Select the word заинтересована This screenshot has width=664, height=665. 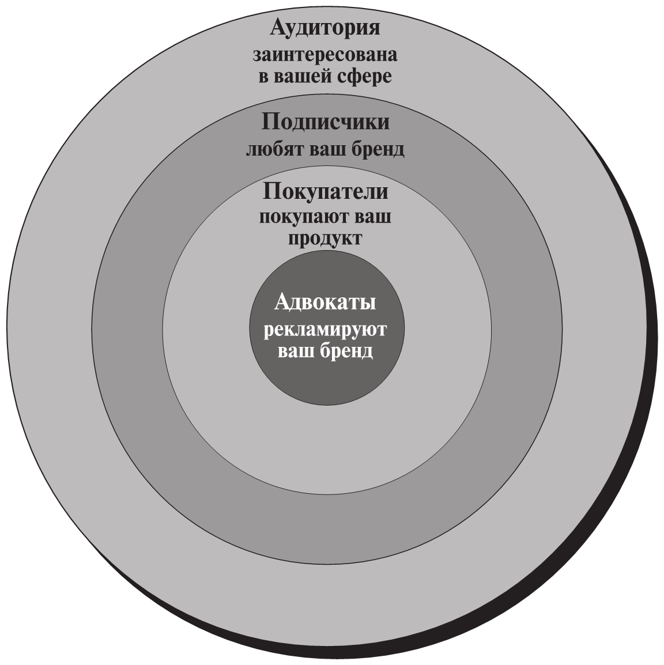(x=326, y=56)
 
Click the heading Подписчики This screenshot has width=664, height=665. (x=326, y=123)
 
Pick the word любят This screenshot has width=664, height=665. (x=276, y=149)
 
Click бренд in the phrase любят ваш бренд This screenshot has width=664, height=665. (x=378, y=149)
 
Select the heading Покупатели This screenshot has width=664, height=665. (x=326, y=192)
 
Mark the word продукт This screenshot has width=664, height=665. (x=326, y=238)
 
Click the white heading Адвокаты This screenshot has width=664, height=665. (x=326, y=302)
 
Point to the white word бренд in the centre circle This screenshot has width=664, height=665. (x=346, y=351)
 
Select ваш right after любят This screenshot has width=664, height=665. (x=328, y=149)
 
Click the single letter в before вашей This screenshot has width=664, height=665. (x=263, y=77)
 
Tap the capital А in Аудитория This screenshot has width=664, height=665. (x=280, y=29)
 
